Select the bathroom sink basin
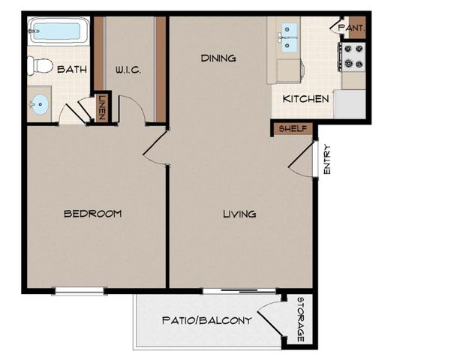[x=39, y=104]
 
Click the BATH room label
[x=72, y=70]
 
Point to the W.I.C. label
[x=129, y=70]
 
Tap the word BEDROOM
[x=92, y=214]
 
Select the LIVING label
[x=239, y=214]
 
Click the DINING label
[x=218, y=58]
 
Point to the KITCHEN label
[x=305, y=98]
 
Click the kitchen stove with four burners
[x=353, y=54]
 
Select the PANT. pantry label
[x=350, y=28]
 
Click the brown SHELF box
[x=293, y=128]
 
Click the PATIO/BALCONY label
[x=206, y=320]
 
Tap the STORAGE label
[x=300, y=320]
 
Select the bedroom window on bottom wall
[x=80, y=290]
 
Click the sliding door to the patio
[x=240, y=290]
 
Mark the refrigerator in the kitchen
[x=349, y=104]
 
